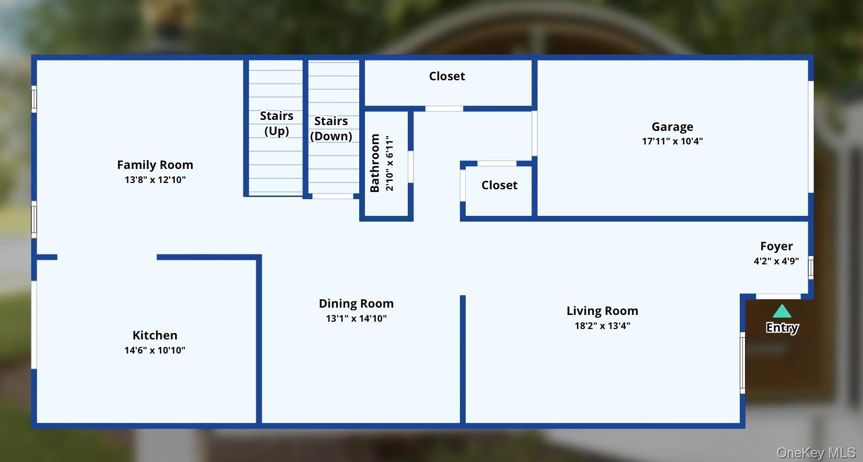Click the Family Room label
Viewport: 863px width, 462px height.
coord(155,165)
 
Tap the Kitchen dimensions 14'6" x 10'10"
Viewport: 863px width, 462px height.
coord(155,350)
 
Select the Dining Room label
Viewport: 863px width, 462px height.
coord(356,303)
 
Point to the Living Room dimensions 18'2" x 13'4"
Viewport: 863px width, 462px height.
coord(602,326)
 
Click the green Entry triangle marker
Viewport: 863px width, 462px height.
coord(782,312)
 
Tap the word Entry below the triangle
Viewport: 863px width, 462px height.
coord(782,327)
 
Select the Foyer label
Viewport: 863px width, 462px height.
coord(776,246)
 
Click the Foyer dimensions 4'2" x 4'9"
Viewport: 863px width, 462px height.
coord(776,261)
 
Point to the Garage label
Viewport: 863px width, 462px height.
coord(672,127)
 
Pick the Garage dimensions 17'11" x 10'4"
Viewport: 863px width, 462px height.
coord(672,141)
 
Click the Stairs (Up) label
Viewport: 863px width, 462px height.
coord(276,123)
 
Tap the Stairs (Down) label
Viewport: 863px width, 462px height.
coord(331,128)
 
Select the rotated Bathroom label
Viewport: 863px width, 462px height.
coord(375,163)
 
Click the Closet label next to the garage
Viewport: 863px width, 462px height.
coord(499,185)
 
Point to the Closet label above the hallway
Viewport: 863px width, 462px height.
coord(447,76)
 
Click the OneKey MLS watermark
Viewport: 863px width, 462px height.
coord(816,453)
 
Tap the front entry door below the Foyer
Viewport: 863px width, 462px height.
coord(778,296)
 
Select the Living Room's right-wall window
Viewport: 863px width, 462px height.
coord(742,363)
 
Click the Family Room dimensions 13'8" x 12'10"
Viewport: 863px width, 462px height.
coord(155,180)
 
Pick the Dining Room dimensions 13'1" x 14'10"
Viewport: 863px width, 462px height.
coord(356,319)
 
